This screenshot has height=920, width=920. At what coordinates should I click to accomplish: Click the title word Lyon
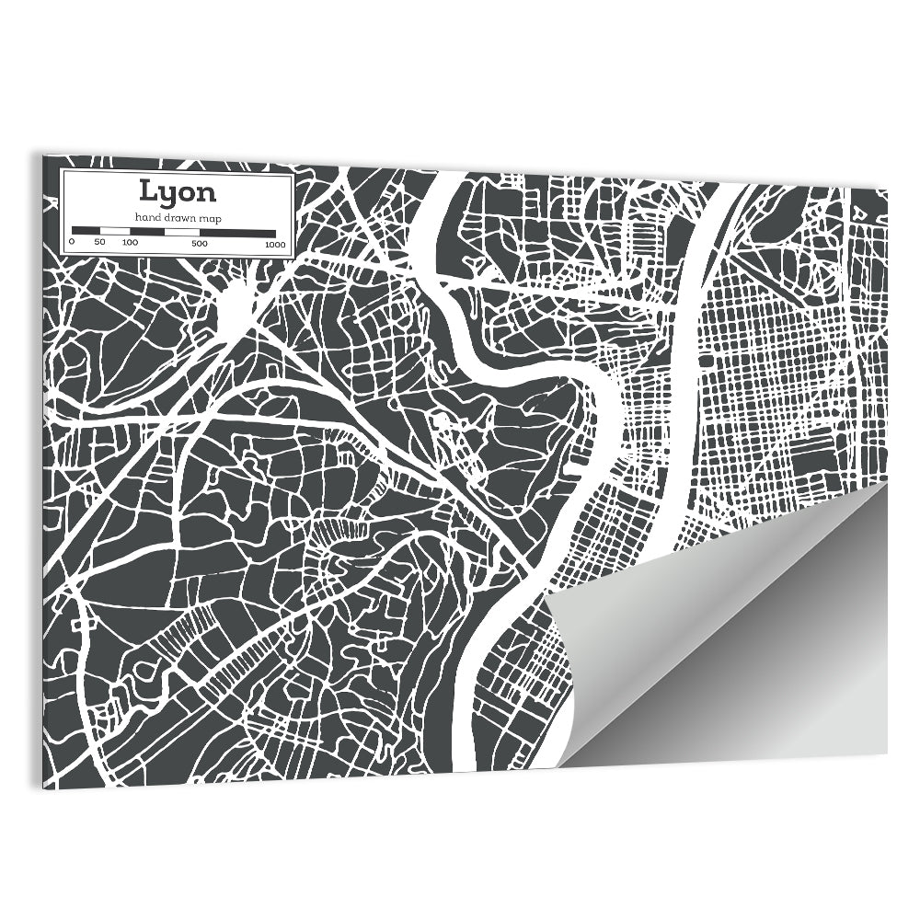(178, 191)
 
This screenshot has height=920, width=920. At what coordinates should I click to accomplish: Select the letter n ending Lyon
(207, 193)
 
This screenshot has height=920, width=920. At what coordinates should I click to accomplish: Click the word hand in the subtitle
(146, 216)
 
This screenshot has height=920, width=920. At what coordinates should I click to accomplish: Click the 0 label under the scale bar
(72, 243)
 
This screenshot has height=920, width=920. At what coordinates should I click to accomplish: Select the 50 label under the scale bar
(99, 243)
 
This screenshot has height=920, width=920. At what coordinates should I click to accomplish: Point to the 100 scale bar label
(130, 243)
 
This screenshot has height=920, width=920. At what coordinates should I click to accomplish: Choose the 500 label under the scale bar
(200, 243)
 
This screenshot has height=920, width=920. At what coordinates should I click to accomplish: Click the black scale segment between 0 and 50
(86, 230)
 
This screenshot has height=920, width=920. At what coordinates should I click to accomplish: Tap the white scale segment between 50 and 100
(114, 230)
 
